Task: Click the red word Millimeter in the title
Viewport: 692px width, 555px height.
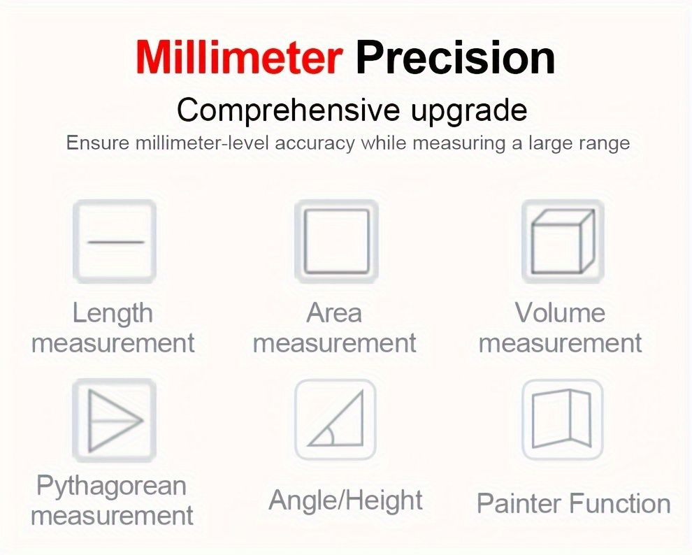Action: click(239, 57)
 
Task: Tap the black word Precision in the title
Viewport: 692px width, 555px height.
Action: click(456, 57)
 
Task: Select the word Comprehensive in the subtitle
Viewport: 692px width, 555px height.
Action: click(288, 110)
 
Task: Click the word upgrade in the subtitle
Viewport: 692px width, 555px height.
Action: click(469, 111)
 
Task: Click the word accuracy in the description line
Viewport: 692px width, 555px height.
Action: click(315, 144)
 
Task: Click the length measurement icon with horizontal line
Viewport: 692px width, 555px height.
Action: click(115, 241)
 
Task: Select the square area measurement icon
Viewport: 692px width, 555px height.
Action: click(336, 241)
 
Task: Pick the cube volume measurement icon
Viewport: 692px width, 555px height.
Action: click(563, 241)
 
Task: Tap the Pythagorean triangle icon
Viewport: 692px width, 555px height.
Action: click(115, 420)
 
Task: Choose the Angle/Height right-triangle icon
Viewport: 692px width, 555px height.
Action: click(336, 419)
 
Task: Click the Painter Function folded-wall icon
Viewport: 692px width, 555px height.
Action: click(563, 419)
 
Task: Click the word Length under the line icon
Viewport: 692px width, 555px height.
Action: click(113, 314)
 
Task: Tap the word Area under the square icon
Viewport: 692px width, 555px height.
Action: click(334, 313)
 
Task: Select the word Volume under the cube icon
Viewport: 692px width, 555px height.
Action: click(560, 312)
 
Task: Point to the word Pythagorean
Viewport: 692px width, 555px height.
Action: click(111, 487)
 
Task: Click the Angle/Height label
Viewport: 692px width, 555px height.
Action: click(345, 500)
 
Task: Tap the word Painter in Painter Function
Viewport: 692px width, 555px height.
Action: click(519, 503)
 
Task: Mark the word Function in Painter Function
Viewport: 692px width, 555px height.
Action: click(620, 503)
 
